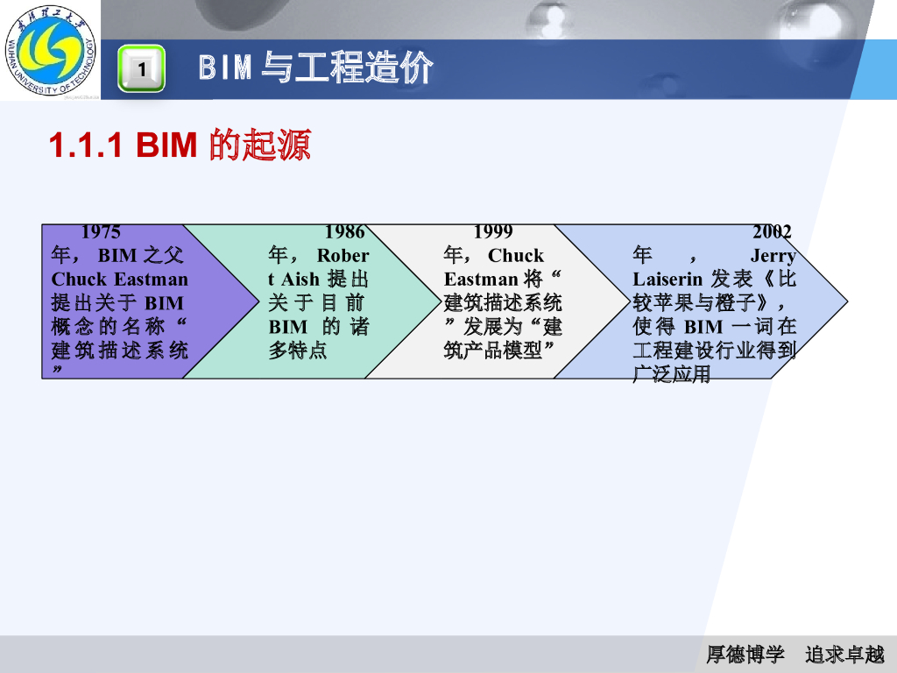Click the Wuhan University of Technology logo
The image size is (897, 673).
click(51, 50)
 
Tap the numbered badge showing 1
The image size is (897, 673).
click(141, 69)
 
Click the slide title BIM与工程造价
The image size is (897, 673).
click(315, 68)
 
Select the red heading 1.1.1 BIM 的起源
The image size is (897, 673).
click(180, 145)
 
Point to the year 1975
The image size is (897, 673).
click(101, 232)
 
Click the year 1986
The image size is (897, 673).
click(344, 232)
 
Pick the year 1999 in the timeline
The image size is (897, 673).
click(493, 232)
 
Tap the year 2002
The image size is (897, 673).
click(772, 232)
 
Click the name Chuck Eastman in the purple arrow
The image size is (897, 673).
click(119, 280)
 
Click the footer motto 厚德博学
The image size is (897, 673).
click(745, 654)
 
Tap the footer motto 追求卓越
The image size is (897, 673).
click(845, 654)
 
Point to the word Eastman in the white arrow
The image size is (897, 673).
click(481, 280)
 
